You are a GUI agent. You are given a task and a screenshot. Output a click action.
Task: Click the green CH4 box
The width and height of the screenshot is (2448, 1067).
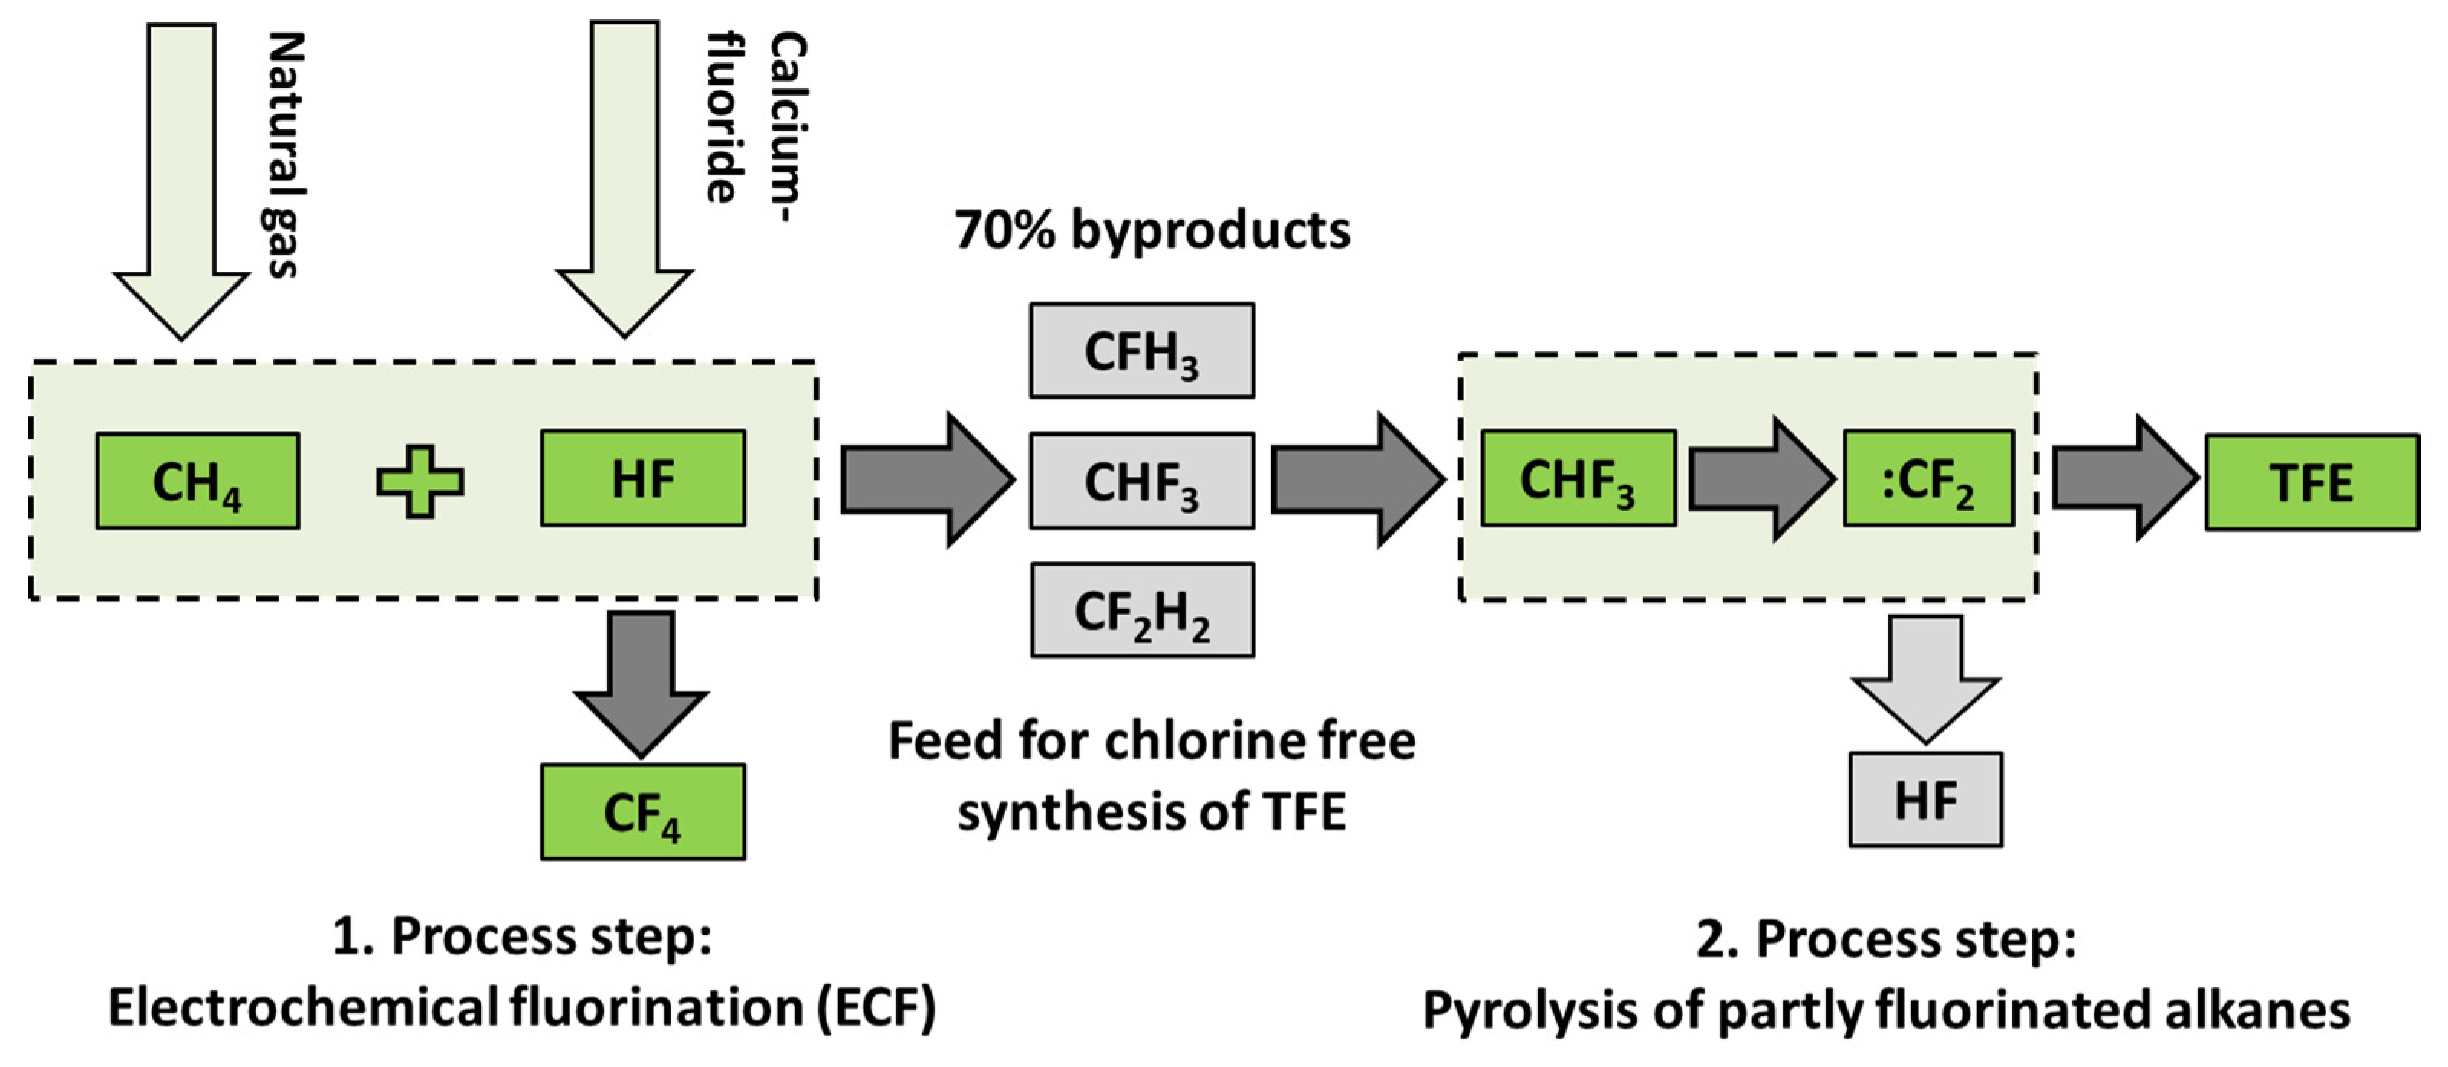(197, 481)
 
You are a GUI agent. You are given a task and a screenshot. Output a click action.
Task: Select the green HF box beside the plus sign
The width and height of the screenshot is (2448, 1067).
(642, 478)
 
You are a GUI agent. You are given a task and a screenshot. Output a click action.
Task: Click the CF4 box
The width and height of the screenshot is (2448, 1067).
(642, 812)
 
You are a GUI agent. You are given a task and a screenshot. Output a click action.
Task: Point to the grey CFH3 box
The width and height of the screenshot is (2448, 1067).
(1141, 351)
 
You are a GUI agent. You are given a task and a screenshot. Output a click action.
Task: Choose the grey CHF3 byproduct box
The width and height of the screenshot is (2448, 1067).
(1141, 481)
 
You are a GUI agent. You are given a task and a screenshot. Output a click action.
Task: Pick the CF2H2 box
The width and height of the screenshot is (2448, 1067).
(1141, 611)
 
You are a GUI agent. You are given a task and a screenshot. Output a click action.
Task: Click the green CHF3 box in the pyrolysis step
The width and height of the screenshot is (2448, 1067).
(1578, 478)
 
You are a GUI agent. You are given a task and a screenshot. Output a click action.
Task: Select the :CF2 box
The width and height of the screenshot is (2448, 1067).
(1927, 478)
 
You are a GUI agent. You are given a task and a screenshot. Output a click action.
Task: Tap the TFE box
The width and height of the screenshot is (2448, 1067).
(2311, 483)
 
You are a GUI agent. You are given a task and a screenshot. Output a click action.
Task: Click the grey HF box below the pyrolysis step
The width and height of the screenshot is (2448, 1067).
(1925, 800)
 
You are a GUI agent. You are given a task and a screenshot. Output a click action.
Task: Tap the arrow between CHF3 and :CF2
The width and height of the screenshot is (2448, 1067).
(1761, 480)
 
